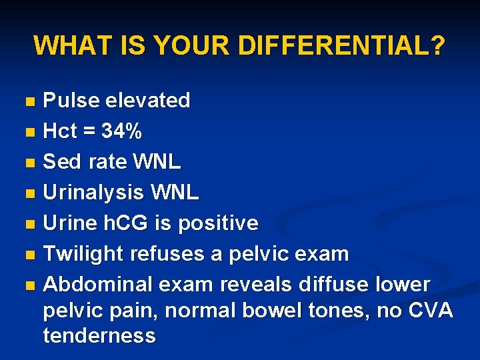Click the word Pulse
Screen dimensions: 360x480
tap(69, 101)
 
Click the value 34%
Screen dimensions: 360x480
tap(121, 131)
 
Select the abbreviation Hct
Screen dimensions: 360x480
tap(60, 131)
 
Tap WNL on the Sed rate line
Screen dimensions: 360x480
tap(157, 162)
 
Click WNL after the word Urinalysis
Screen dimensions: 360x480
tap(175, 193)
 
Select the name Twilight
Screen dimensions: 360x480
tap(83, 254)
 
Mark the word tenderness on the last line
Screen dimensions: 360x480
tap(99, 335)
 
